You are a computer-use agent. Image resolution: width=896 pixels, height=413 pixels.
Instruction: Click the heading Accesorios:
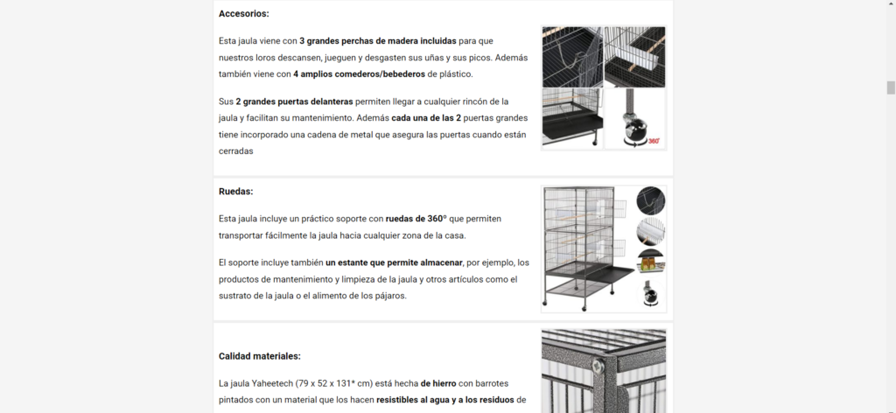tap(243, 14)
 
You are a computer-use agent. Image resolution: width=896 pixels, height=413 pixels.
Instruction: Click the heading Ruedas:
tap(235, 192)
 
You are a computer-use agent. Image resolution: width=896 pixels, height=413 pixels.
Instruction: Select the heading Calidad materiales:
tap(259, 356)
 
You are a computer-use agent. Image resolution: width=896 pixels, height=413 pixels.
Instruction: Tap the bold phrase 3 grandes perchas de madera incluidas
tap(378, 41)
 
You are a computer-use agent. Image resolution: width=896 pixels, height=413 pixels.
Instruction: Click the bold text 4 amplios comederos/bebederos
tap(359, 73)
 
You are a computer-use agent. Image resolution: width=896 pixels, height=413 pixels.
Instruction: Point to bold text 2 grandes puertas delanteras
tap(294, 101)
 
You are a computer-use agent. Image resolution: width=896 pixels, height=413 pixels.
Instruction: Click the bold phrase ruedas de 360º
tap(416, 219)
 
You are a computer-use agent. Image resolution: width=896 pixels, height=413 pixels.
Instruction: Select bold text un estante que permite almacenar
tap(394, 262)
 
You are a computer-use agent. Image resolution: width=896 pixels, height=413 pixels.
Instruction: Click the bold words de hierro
tap(438, 383)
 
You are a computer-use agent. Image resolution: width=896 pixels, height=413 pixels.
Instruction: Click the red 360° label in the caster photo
tap(654, 141)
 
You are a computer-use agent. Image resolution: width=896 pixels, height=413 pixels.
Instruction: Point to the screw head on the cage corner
tap(599, 364)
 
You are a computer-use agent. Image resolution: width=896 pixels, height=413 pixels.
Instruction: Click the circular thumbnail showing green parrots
tap(651, 262)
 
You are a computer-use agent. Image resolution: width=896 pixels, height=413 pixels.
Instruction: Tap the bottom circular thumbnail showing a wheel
tap(651, 295)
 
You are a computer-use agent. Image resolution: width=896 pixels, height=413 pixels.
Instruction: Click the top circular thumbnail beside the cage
tap(651, 200)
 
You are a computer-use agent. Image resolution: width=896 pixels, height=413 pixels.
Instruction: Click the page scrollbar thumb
tap(890, 87)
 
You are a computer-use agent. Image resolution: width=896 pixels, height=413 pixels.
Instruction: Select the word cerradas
tap(236, 151)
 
